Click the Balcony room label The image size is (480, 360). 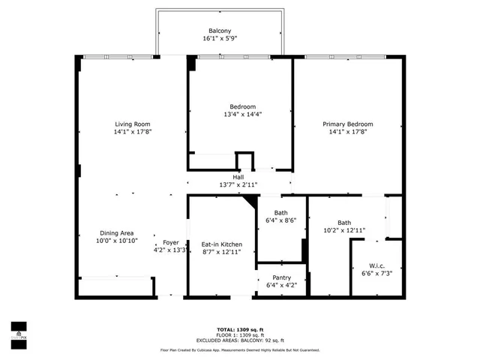pyautogui.click(x=219, y=31)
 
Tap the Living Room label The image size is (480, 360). pyautogui.click(x=133, y=124)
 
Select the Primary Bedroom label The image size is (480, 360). pyautogui.click(x=348, y=124)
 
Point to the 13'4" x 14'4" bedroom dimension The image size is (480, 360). pyautogui.click(x=242, y=115)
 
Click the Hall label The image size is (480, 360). pyautogui.click(x=238, y=176)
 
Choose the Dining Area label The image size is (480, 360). pyautogui.click(x=117, y=232)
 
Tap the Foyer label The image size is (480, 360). pyautogui.click(x=171, y=243)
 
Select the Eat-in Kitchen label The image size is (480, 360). pyautogui.click(x=221, y=244)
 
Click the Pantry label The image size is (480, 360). pyautogui.click(x=281, y=277)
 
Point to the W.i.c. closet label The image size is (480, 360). pyautogui.click(x=376, y=265)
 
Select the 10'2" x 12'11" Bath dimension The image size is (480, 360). pyautogui.click(x=344, y=231)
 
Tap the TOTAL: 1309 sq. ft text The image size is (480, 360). pyautogui.click(x=241, y=329)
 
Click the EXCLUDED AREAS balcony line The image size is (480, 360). pyautogui.click(x=241, y=340)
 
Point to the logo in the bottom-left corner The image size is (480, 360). pyautogui.click(x=18, y=331)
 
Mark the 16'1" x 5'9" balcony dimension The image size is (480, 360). pyautogui.click(x=219, y=39)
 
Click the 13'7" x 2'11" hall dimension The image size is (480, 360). pyautogui.click(x=238, y=184)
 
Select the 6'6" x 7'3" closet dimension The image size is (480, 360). pyautogui.click(x=376, y=273)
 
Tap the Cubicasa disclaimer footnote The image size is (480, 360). pyautogui.click(x=240, y=350)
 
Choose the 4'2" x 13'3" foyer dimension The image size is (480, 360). pyautogui.click(x=171, y=251)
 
